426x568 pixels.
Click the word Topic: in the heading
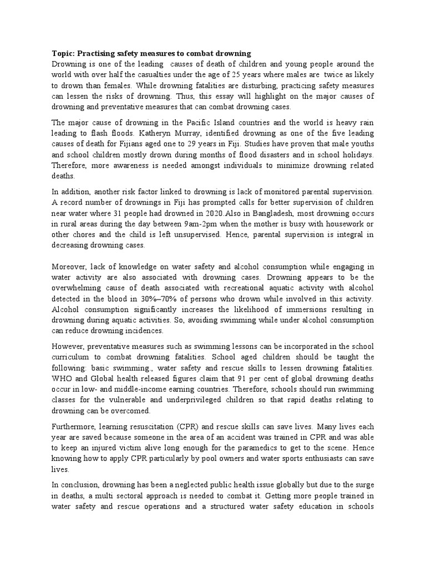[63, 54]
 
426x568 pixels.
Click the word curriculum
[72, 357]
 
